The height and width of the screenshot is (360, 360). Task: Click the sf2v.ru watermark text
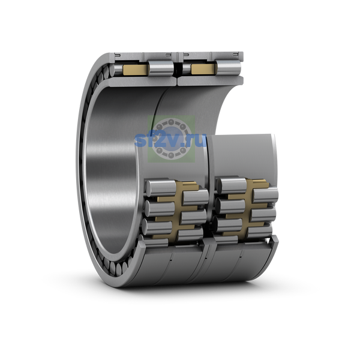[170, 140]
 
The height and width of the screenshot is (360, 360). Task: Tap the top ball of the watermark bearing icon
[170, 122]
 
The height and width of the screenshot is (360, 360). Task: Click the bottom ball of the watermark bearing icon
[170, 155]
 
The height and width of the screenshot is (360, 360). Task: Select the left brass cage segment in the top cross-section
[135, 70]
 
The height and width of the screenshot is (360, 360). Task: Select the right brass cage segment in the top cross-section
[203, 69]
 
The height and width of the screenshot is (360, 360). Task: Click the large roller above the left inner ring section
[160, 68]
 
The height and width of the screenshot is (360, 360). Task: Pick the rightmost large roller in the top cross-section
[229, 68]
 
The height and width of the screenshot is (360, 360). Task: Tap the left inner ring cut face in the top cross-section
[141, 81]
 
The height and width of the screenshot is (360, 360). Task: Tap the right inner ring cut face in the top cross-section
[211, 80]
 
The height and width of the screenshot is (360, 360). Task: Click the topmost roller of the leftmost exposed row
[161, 188]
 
